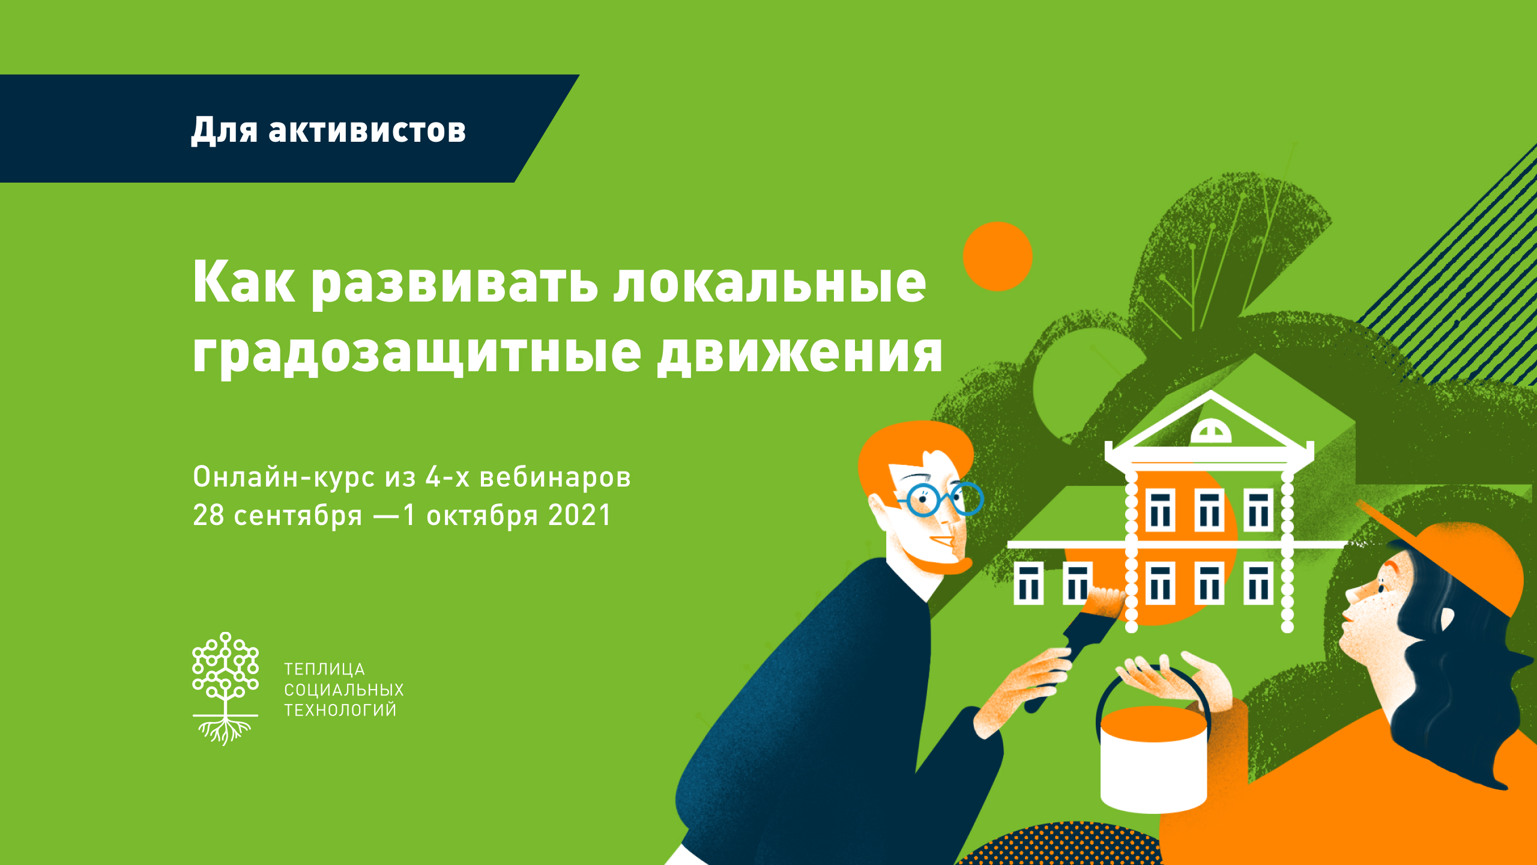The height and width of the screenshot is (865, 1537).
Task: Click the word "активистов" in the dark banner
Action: tap(367, 130)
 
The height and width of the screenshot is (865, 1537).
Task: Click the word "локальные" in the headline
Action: tap(770, 283)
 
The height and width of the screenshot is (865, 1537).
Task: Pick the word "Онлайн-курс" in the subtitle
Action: tap(284, 477)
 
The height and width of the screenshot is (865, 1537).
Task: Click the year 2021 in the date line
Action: tap(579, 515)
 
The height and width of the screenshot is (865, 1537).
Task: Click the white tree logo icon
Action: tap(225, 688)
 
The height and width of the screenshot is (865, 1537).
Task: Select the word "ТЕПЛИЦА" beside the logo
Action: tap(324, 669)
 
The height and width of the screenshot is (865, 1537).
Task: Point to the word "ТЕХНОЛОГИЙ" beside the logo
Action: tap(340, 709)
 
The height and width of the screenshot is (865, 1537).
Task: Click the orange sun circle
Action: tap(997, 256)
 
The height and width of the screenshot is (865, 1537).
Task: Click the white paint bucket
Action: tap(1153, 758)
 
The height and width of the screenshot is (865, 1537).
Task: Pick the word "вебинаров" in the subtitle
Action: tap(555, 477)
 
